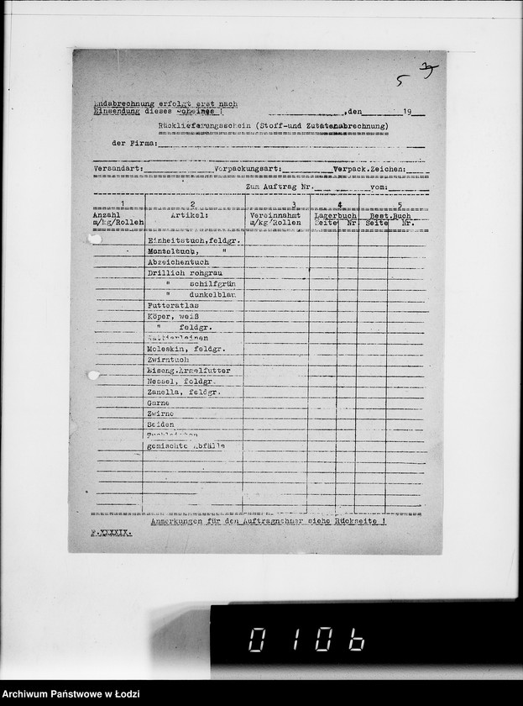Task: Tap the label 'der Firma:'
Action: click(134, 144)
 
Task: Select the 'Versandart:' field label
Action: click(118, 169)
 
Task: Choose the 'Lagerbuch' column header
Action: click(335, 215)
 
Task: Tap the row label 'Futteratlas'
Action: click(170, 306)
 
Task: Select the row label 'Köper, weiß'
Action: click(171, 317)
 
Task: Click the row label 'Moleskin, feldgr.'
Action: click(186, 348)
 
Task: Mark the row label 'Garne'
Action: click(158, 403)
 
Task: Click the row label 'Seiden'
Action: click(160, 425)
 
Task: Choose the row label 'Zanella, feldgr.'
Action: click(183, 393)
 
